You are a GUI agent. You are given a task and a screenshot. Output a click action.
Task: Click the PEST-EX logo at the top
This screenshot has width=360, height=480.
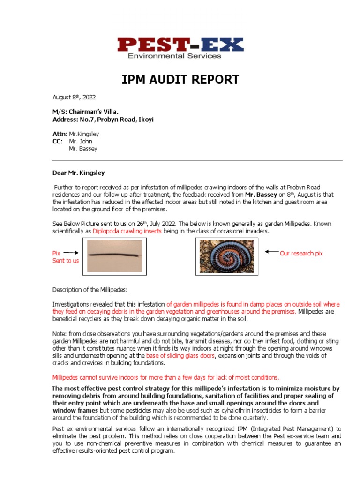click(180, 45)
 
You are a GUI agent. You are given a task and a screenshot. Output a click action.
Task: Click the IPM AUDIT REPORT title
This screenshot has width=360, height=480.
click(180, 80)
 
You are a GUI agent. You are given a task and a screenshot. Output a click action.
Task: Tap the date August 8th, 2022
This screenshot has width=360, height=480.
click(74, 97)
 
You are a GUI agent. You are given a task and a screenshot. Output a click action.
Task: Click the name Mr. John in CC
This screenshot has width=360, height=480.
click(81, 141)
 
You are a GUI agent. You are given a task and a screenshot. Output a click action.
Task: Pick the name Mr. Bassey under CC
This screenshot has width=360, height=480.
click(83, 149)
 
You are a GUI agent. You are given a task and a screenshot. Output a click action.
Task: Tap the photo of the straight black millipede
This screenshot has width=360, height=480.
click(114, 255)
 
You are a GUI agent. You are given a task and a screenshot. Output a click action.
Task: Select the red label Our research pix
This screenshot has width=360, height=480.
click(301, 253)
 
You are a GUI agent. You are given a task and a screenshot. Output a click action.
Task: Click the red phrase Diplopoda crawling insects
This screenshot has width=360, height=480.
click(124, 231)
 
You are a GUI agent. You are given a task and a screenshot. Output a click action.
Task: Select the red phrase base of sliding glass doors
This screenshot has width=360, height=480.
click(180, 356)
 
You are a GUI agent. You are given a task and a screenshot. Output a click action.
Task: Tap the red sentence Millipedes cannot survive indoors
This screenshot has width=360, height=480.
click(165, 377)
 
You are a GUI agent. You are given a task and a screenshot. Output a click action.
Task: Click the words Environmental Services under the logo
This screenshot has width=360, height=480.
click(174, 56)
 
